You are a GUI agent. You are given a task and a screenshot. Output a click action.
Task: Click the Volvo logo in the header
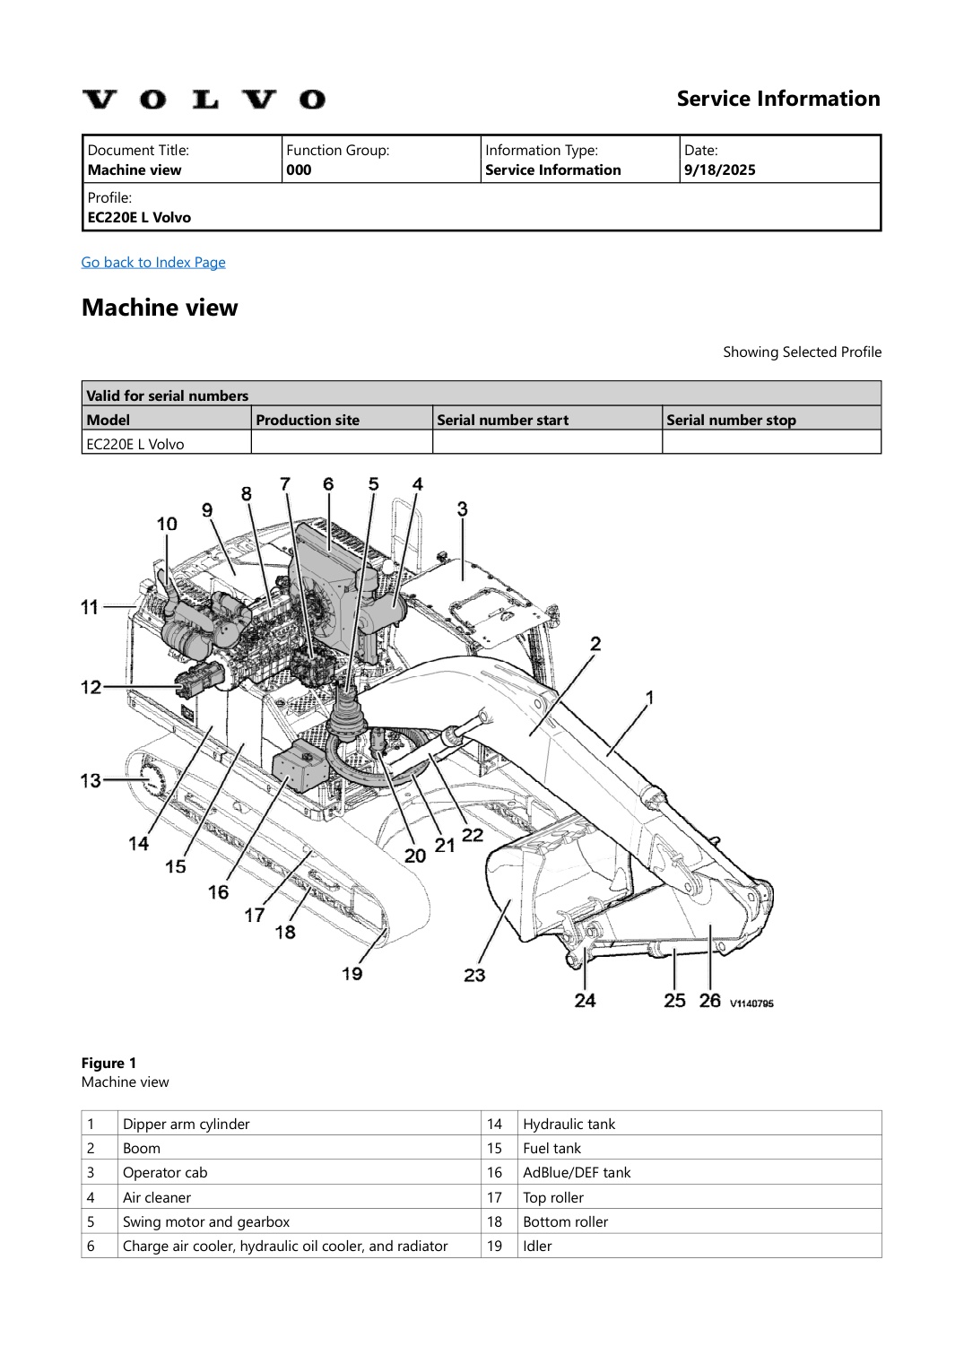[204, 100]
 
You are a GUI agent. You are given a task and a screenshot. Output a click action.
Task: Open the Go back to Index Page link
[153, 262]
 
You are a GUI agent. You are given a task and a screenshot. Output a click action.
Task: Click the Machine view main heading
[160, 308]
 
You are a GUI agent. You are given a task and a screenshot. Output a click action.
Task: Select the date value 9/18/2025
[719, 169]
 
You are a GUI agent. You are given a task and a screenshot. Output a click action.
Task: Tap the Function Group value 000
[299, 169]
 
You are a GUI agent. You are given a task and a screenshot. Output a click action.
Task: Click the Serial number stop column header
[731, 420]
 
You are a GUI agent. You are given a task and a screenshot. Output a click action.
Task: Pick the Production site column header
[308, 420]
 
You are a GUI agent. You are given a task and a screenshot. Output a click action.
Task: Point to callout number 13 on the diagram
[91, 780]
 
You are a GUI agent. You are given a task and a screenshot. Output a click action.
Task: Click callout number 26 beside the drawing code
[709, 1000]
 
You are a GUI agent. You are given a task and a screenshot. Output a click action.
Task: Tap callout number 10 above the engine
[167, 524]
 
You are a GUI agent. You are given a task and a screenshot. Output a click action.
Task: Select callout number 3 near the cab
[462, 508]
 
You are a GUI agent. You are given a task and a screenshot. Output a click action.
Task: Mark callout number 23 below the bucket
[474, 975]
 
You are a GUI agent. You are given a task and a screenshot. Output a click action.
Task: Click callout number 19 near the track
[352, 973]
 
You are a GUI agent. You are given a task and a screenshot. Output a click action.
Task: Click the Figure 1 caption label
[109, 1063]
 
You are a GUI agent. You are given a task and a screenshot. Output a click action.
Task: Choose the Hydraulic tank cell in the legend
[569, 1124]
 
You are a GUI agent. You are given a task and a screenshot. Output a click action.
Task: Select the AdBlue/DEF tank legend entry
[577, 1172]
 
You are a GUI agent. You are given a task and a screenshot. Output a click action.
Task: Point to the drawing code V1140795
[751, 1003]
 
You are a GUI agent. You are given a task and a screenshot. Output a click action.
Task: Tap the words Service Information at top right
[777, 99]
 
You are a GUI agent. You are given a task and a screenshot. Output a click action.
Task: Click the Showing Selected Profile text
[802, 352]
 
